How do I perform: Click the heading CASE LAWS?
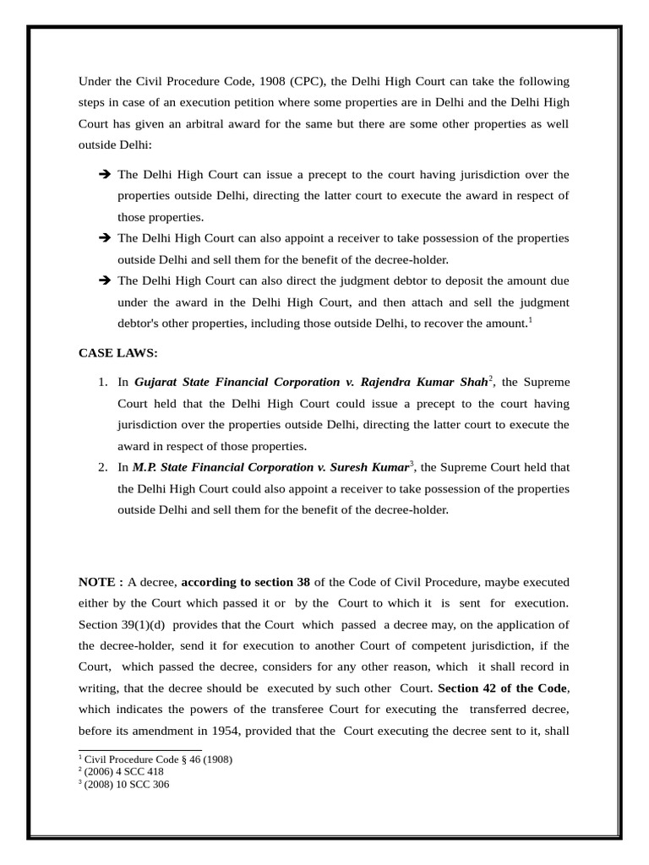point(117,353)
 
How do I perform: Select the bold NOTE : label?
point(101,582)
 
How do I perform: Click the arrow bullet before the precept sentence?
point(105,175)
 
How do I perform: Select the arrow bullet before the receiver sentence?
point(105,239)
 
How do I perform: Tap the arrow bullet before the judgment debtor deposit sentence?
point(105,281)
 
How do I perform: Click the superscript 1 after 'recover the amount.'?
point(530,320)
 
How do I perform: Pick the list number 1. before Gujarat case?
point(102,382)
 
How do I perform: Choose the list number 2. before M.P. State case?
point(102,467)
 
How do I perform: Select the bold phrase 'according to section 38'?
point(246,582)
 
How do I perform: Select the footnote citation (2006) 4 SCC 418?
point(124,771)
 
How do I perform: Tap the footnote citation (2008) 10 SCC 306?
point(127,783)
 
